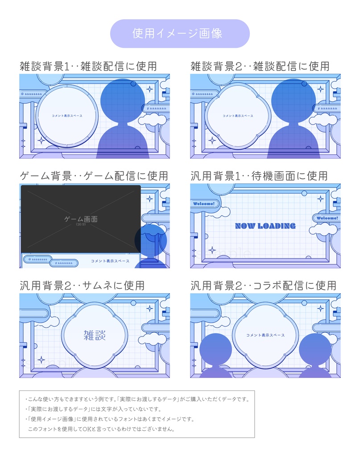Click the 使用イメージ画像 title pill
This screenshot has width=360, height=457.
pyautogui.click(x=180, y=33)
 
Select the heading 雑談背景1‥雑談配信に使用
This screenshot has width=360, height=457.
pyautogui.click(x=88, y=66)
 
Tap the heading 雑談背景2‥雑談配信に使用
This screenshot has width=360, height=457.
pyautogui.click(x=260, y=66)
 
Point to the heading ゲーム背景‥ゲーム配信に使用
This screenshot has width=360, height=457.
pyautogui.click(x=94, y=176)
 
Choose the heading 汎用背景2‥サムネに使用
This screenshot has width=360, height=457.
pyautogui.click(x=82, y=285)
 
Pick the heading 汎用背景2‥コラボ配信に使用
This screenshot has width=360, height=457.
pyautogui.click(x=263, y=285)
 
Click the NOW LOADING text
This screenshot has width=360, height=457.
pyautogui.click(x=265, y=226)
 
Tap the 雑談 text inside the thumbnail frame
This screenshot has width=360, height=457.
pyautogui.click(x=95, y=335)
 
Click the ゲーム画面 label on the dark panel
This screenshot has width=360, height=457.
pyautogui.click(x=81, y=219)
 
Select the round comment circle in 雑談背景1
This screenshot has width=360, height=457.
pyautogui.click(x=66, y=116)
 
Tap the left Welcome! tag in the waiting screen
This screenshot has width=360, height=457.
pyautogui.click(x=203, y=204)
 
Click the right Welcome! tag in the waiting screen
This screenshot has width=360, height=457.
pyautogui.click(x=327, y=218)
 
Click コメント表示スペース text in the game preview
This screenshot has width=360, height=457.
pyautogui.click(x=110, y=261)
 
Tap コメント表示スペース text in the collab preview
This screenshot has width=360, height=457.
pyautogui.click(x=265, y=335)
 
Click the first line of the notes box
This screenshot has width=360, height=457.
pyautogui.click(x=137, y=399)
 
